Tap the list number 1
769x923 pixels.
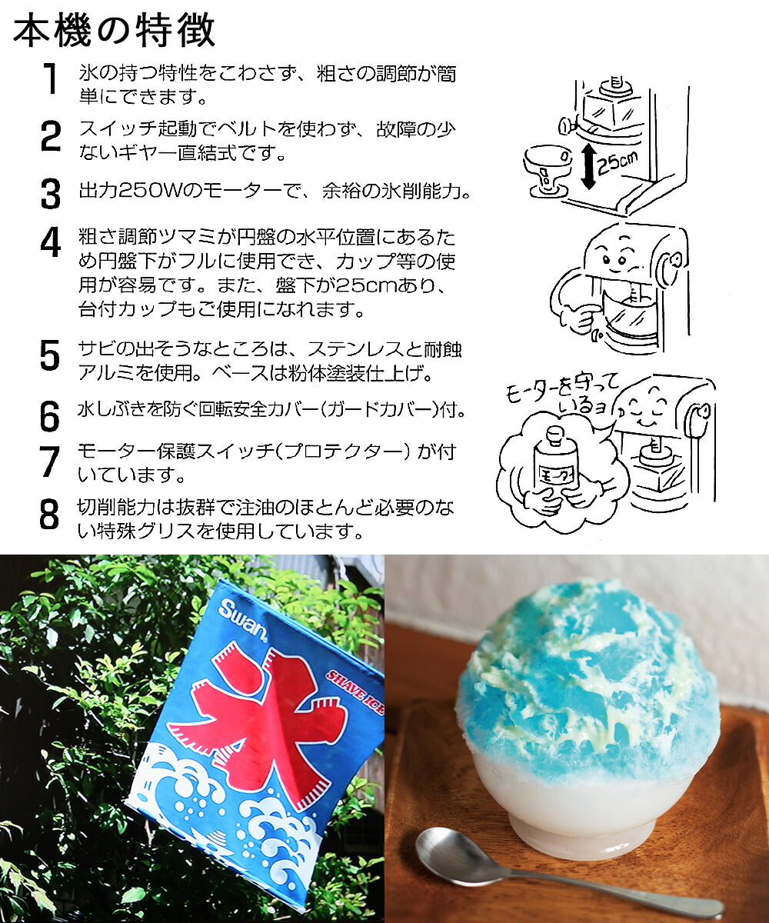[x=51, y=80]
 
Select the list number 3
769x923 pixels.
[x=50, y=193]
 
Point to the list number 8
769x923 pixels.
[x=50, y=515]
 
